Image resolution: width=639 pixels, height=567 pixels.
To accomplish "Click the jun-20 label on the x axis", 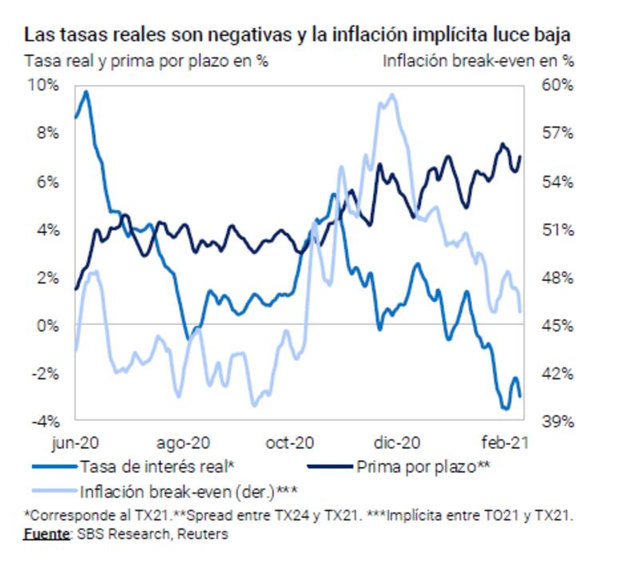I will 75,442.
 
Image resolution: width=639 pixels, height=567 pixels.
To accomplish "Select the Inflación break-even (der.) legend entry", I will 183,490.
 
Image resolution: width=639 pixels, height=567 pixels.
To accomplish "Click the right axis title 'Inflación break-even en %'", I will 478,60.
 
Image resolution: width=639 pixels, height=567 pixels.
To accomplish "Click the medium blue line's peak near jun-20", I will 85,92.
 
